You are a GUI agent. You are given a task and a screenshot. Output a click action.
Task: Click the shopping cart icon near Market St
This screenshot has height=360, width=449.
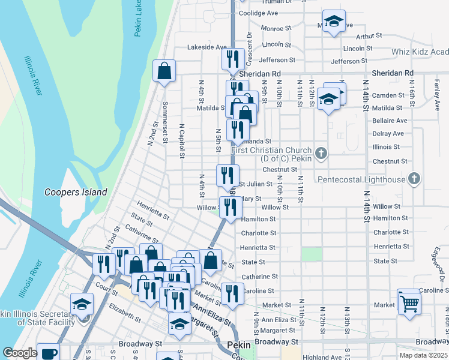[x=409, y=301]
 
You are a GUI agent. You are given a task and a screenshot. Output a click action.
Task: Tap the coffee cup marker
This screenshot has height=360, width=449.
[x=48, y=352]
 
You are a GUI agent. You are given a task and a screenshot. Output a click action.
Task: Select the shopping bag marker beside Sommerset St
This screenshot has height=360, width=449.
[x=164, y=71]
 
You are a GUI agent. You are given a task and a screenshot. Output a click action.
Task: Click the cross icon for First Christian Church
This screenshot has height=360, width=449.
[x=321, y=154]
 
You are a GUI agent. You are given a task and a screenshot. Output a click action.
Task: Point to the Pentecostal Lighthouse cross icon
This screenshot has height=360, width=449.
[x=413, y=179]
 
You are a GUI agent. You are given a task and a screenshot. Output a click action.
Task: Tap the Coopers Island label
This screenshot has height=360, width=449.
[x=76, y=193]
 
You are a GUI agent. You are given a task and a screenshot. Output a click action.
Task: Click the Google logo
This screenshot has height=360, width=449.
[x=20, y=353]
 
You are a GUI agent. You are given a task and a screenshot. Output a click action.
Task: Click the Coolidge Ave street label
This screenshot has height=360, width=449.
[x=258, y=13]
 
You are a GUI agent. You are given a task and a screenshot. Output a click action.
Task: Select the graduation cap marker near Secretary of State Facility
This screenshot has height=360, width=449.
[x=82, y=304]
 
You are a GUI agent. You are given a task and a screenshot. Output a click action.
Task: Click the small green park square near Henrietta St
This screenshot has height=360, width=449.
[x=312, y=254]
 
